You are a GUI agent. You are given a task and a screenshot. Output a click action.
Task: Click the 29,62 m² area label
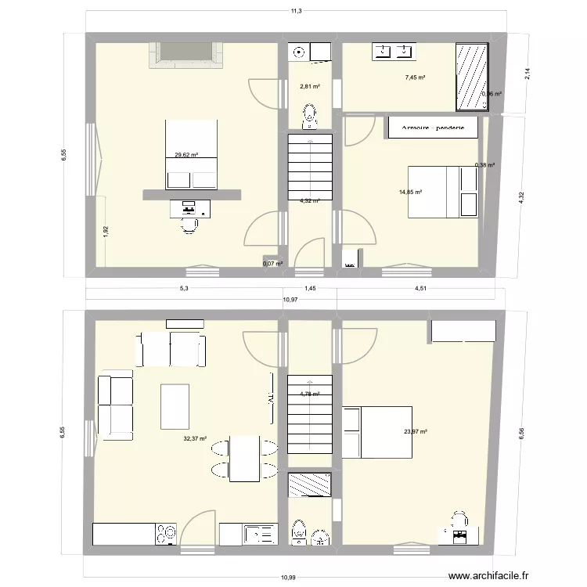(185, 155)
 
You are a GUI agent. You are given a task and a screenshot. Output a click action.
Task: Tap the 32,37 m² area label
(195, 439)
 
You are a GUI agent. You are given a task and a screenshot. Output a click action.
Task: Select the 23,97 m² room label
(415, 431)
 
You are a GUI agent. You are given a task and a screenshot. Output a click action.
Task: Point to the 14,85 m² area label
(411, 192)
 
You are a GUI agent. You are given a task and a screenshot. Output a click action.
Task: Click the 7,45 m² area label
(416, 77)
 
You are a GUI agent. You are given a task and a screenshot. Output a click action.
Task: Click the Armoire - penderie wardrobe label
(433, 127)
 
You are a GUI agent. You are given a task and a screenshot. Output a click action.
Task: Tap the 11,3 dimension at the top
(296, 11)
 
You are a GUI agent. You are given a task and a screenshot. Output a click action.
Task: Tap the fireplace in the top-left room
(186, 53)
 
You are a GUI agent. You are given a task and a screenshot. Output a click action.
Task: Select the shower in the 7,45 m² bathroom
(472, 77)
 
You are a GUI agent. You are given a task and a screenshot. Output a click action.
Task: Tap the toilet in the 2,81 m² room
(311, 117)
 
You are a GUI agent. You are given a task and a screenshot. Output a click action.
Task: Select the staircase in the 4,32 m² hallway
(311, 169)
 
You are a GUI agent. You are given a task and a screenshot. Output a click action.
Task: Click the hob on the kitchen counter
(166, 535)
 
